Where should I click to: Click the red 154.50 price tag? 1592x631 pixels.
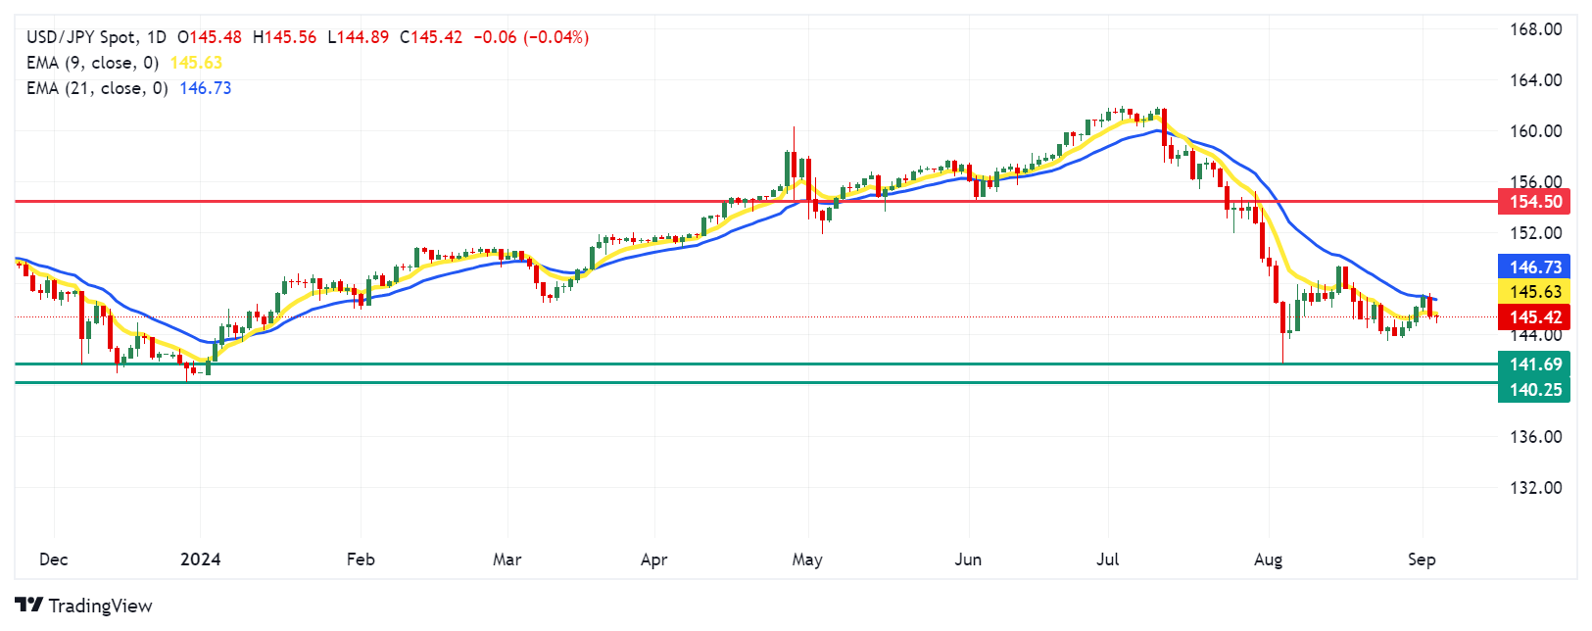click(x=1534, y=202)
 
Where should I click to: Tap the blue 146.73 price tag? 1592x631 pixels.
click(x=1534, y=267)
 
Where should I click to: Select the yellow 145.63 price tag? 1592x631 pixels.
click(x=1534, y=292)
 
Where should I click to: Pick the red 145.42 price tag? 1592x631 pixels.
click(x=1534, y=317)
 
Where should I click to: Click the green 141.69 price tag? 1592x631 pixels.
click(x=1534, y=364)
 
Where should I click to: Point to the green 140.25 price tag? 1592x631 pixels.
click(x=1534, y=390)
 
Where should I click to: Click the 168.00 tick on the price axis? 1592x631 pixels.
click(x=1535, y=29)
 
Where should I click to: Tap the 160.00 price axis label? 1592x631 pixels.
click(x=1535, y=131)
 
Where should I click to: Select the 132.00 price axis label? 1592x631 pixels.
click(x=1535, y=488)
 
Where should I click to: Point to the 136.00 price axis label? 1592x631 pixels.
click(x=1535, y=437)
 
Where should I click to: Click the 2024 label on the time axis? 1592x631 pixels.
click(x=201, y=559)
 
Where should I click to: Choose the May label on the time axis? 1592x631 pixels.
click(x=807, y=559)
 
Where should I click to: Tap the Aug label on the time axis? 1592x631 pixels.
click(x=1268, y=559)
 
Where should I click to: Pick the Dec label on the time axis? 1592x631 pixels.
click(x=53, y=559)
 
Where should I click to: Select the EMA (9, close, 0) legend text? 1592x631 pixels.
click(x=92, y=63)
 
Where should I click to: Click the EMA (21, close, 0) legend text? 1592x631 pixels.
click(x=97, y=88)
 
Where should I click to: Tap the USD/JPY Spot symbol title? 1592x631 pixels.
click(x=96, y=37)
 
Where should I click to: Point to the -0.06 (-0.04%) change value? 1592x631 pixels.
click(x=531, y=37)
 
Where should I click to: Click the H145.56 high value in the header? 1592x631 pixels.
click(x=285, y=37)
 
